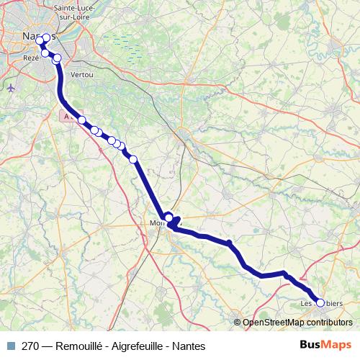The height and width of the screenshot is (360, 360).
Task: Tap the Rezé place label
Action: coord(31,57)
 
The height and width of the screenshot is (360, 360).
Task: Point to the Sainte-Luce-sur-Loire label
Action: coord(71,12)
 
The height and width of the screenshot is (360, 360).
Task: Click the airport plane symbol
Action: coord(10,88)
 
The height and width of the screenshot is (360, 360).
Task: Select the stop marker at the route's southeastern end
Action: coord(320,303)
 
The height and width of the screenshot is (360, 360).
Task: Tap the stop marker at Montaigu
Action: coord(169,217)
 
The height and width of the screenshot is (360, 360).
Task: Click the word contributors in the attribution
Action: coord(331,323)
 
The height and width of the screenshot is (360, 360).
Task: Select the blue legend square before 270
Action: coord(11,346)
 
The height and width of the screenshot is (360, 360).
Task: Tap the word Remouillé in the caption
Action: coord(81,346)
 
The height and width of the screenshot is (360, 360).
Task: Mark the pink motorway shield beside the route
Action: coord(67,115)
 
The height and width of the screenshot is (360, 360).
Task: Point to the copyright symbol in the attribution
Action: coord(237,323)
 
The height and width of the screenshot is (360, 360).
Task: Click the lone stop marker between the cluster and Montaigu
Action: coord(133,159)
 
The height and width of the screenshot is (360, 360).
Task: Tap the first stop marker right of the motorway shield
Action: coord(82,120)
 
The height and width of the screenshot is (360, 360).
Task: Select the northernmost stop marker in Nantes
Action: coord(47,38)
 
